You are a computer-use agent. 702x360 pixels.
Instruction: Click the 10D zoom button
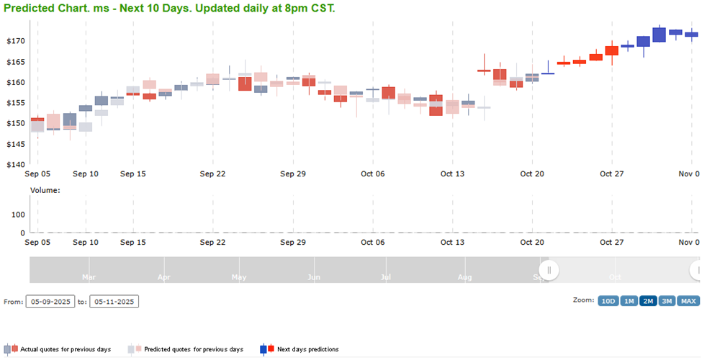coord(608,301)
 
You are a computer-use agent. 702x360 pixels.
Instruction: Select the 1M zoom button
coord(627,301)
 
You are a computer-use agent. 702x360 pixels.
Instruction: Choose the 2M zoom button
coord(647,301)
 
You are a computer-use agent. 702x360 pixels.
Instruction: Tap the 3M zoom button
coord(666,301)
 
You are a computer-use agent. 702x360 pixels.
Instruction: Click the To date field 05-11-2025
coord(114,302)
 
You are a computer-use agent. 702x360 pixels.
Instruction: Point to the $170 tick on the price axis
coord(15,41)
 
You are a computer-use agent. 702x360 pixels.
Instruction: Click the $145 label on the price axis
coord(15,144)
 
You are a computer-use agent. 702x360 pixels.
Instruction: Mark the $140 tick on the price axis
coord(15,164)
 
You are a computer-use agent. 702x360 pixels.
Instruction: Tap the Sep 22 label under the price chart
coord(212,174)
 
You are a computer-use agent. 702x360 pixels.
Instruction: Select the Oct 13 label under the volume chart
coord(452,243)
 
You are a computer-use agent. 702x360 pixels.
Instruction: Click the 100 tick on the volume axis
coord(17,215)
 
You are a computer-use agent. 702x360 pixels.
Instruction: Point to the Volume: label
coord(45,190)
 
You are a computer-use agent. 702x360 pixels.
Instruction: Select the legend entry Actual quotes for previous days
coord(66,349)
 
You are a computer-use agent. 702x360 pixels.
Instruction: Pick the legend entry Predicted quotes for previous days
coord(193,349)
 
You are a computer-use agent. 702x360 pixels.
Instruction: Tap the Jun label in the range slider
coord(313,276)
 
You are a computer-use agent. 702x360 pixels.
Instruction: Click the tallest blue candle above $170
coord(658,35)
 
